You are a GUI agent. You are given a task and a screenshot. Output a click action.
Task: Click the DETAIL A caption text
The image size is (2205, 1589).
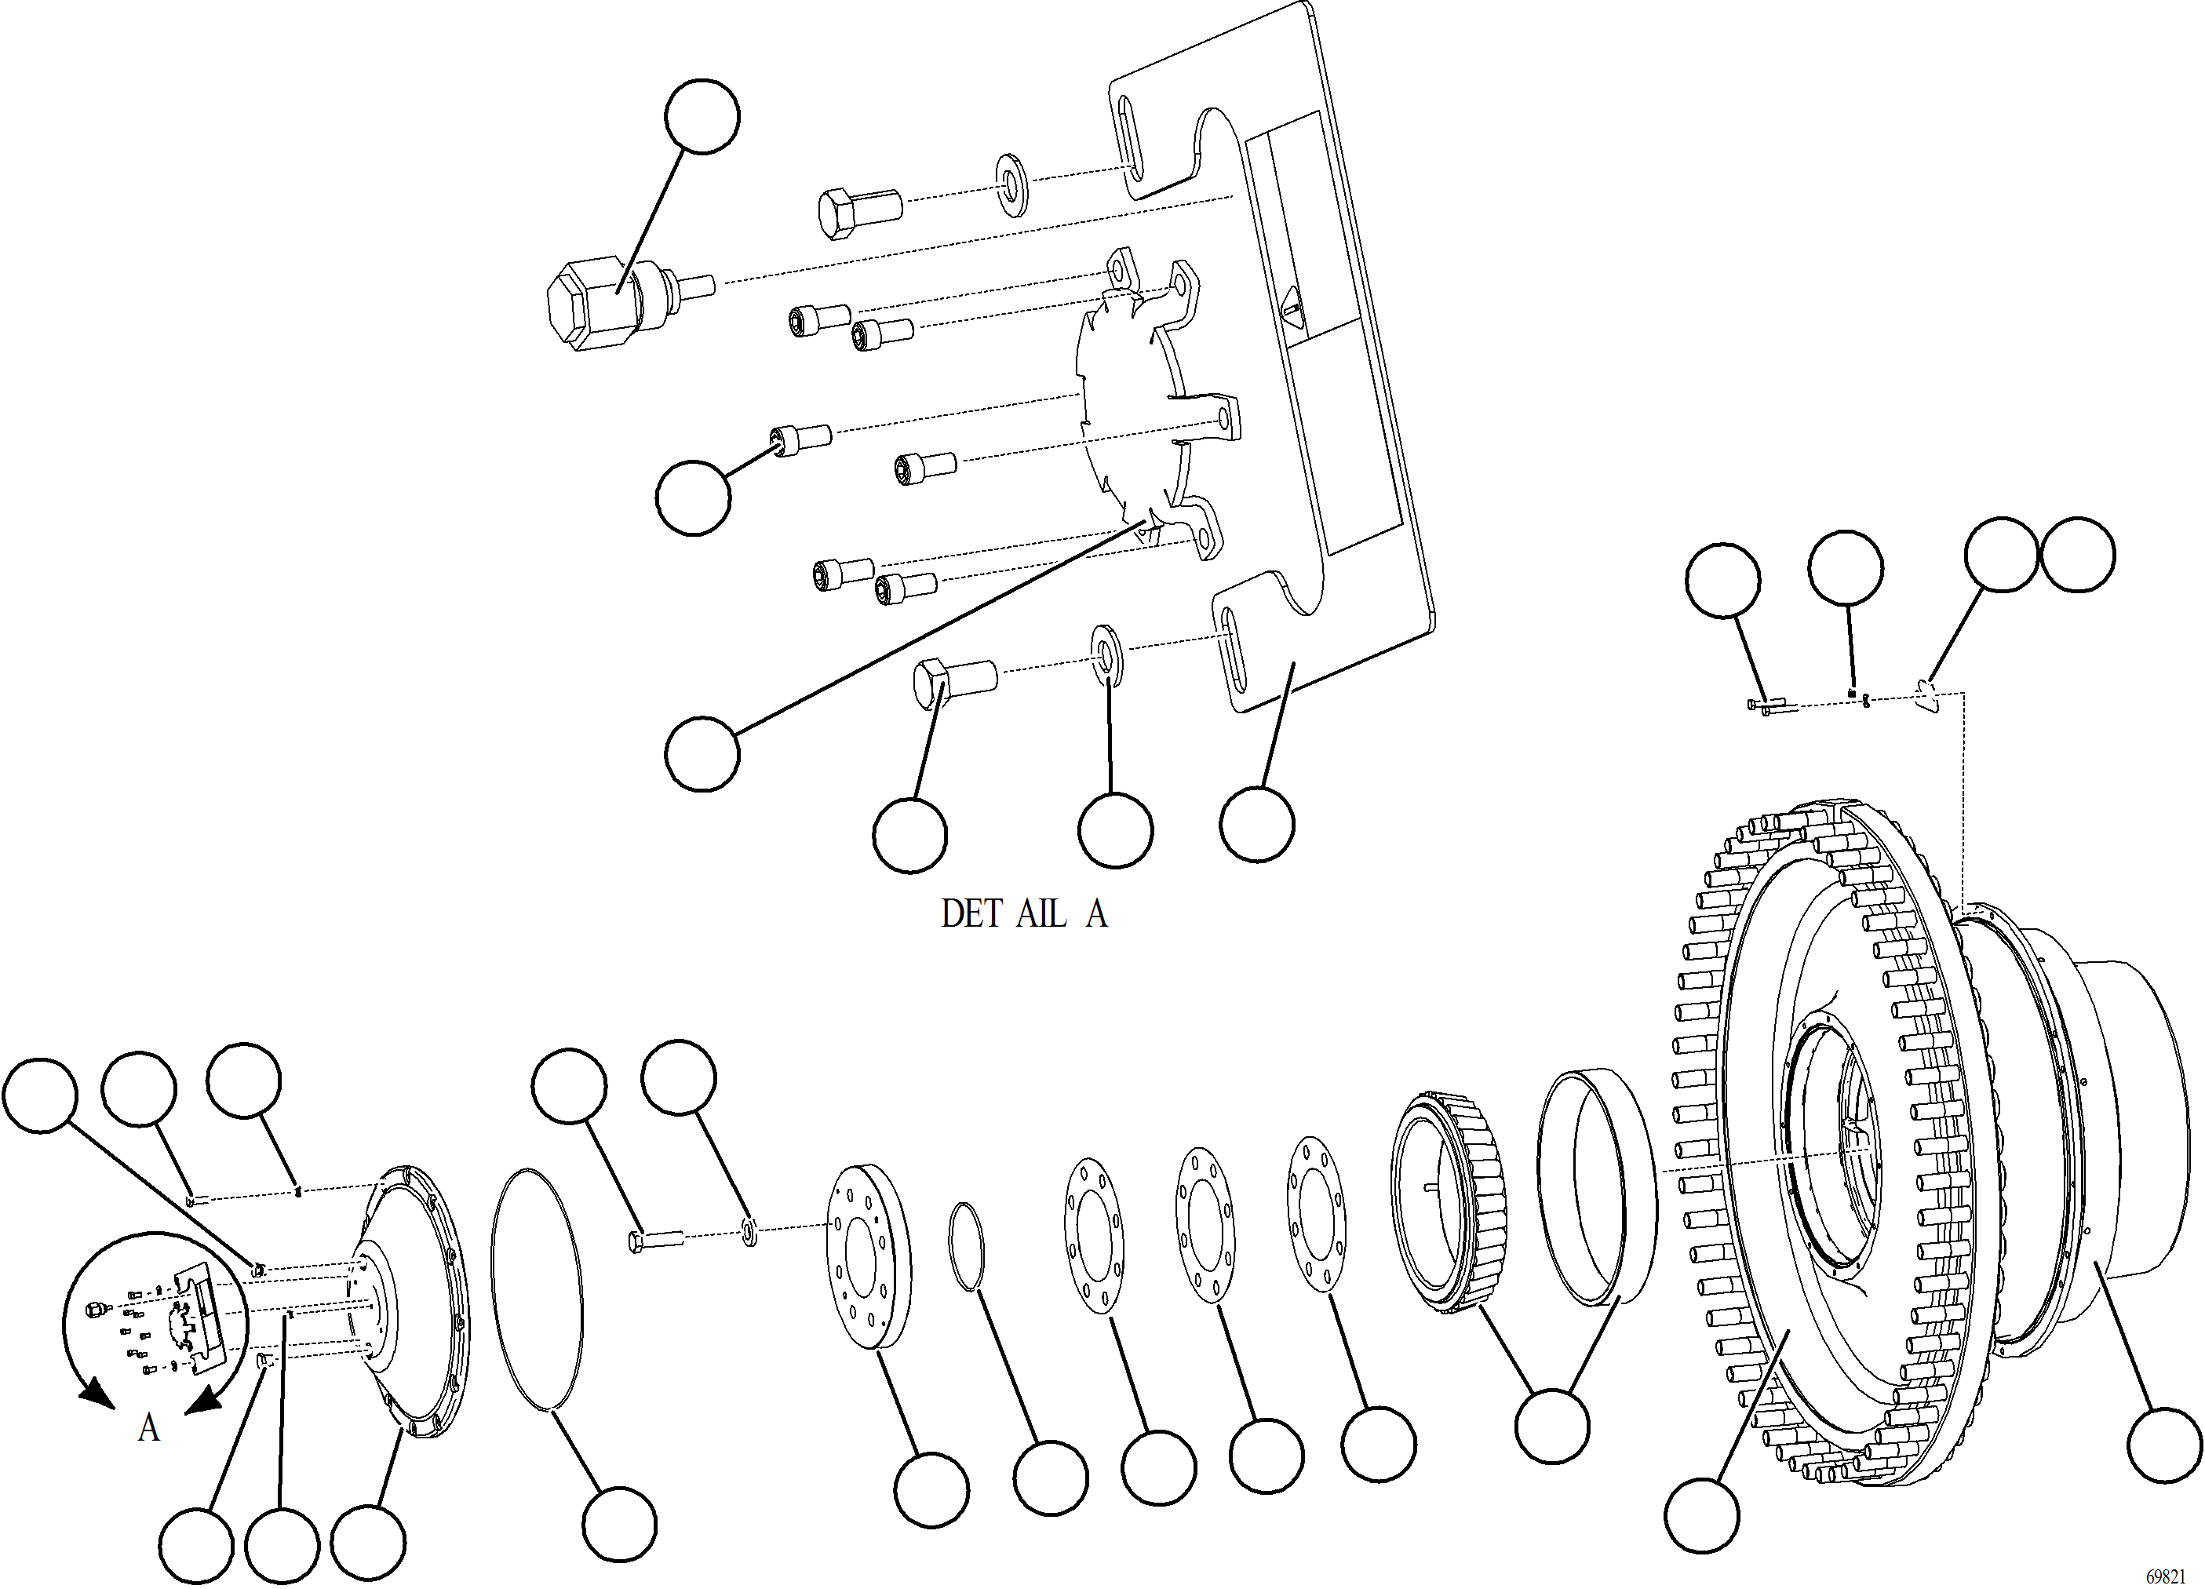(x=1024, y=913)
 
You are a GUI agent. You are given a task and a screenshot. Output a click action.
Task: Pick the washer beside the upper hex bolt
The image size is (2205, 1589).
(x=1013, y=184)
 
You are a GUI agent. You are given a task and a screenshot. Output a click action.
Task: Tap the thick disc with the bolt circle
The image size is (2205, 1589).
(x=870, y=1256)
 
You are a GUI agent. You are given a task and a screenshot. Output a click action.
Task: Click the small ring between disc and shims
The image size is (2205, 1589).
(x=965, y=1247)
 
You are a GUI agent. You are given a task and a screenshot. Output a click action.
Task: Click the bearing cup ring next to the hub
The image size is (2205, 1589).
(x=1595, y=1186)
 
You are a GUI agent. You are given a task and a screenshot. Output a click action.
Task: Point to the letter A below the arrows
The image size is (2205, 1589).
(x=148, y=1427)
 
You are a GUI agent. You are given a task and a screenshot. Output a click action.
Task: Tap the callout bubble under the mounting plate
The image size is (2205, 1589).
(x=1256, y=824)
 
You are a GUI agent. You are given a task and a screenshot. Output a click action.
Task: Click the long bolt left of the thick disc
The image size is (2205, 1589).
(x=656, y=1241)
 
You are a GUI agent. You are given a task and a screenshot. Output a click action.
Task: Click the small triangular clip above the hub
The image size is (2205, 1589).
(x=1928, y=696)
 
